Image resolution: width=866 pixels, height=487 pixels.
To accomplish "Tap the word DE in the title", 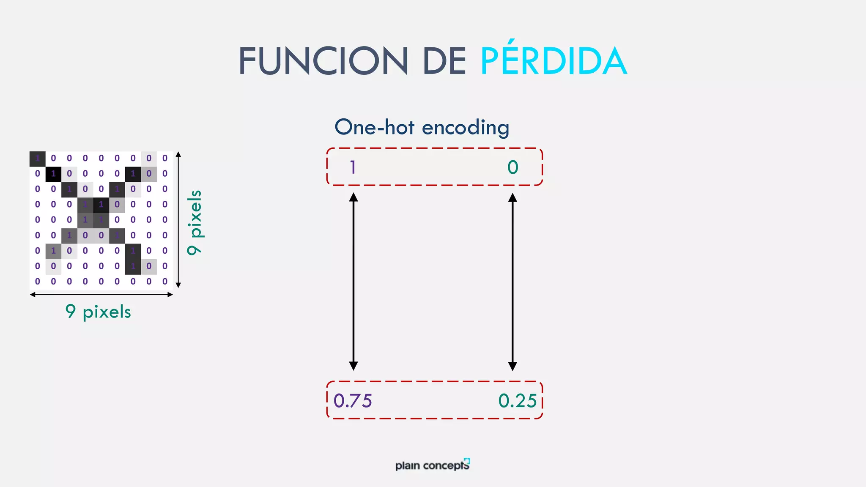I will (x=444, y=61).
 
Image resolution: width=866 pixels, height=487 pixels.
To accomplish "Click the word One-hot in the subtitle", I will (x=374, y=127).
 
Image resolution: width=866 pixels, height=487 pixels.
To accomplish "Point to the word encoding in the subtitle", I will (x=466, y=128).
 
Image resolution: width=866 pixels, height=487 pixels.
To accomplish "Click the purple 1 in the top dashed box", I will (x=353, y=167).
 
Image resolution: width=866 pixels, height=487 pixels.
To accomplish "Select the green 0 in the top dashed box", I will (x=512, y=167).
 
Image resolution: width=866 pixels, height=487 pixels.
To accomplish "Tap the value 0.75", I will (x=353, y=401).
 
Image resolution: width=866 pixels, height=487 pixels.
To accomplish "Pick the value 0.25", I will (x=518, y=401).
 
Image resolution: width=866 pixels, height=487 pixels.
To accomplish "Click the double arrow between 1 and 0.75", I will (x=354, y=282).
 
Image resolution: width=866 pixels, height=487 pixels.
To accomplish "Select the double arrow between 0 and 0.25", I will (x=512, y=282).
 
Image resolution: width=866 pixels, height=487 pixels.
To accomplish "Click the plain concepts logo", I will (x=433, y=465).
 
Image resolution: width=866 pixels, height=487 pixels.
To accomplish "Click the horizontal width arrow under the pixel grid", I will (x=101, y=295).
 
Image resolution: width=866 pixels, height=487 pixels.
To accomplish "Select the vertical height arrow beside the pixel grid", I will (x=178, y=220).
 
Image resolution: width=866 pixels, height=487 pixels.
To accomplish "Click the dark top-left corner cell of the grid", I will (x=37, y=159).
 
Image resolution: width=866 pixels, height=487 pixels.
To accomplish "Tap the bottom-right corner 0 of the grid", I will (x=165, y=282).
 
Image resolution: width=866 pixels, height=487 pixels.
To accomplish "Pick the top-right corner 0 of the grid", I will (x=165, y=159).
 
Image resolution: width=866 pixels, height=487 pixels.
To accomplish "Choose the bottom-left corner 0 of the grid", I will (x=37, y=282).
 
